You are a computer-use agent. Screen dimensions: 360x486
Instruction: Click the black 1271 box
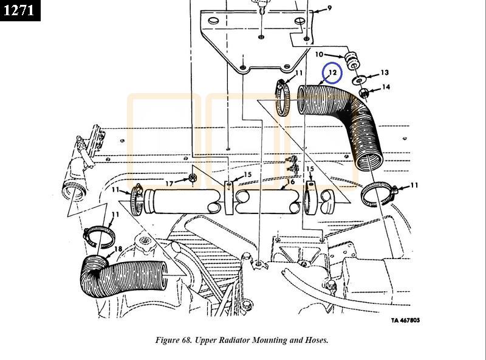coord(20,10)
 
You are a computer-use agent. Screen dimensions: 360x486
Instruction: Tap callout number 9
coord(329,8)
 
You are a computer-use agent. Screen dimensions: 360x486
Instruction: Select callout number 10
coord(320,55)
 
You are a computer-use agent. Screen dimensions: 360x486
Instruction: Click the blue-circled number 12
coord(332,73)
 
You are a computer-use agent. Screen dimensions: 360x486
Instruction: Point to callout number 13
coord(385,73)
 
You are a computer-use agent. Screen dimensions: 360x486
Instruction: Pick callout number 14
coord(386,88)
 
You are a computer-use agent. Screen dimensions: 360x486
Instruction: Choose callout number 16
coord(290,182)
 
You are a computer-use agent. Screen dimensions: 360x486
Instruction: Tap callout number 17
coord(169,182)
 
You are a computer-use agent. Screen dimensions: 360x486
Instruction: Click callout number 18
coord(118,249)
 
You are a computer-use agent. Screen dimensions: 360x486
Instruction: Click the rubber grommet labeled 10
coord(351,62)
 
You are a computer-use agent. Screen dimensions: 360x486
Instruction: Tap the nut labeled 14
coord(364,93)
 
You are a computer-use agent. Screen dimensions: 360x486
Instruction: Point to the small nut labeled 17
coord(191,178)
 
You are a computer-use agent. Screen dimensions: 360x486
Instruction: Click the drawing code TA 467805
coord(405,320)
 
